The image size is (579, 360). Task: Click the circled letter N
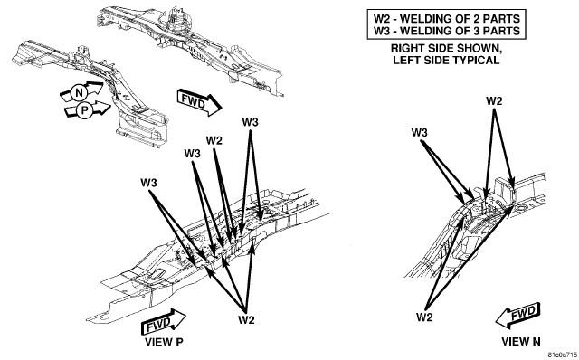pos(79,92)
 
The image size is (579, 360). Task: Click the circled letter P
pos(85,110)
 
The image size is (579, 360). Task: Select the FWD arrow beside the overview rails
pos(199,102)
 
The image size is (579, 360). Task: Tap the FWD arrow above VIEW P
pos(163,323)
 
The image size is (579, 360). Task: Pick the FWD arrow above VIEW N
pos(517,316)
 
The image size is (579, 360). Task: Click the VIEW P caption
pos(164,342)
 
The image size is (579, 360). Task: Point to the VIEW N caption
pos(521,342)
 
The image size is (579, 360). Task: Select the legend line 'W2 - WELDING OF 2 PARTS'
pos(446,18)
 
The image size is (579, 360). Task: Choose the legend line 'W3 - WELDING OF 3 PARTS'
pos(446,30)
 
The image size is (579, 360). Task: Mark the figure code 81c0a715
pos(563,355)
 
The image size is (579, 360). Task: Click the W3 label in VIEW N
pos(420,133)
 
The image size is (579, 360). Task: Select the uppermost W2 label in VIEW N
pos(494,101)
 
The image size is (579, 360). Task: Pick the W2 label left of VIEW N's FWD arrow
pos(424,317)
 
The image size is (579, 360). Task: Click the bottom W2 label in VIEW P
pos(246,319)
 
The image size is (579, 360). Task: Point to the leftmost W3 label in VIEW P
pos(148,183)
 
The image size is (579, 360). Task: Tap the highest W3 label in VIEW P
pos(250,122)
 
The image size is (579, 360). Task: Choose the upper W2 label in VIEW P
pos(214,140)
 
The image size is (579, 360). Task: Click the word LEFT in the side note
pos(404,60)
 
